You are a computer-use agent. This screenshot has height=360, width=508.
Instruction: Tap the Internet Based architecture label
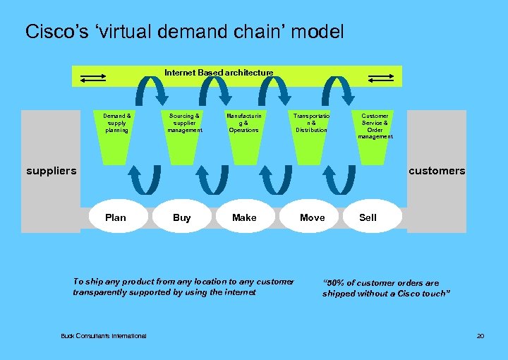coord(219,73)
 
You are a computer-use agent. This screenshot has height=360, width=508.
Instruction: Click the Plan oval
coord(115,217)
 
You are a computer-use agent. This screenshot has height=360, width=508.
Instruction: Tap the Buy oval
coord(182,217)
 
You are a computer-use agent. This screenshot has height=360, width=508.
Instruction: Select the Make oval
coord(244,217)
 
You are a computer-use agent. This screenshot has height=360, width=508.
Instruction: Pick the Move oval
coord(312,217)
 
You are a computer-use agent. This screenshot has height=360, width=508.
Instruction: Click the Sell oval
coord(368,217)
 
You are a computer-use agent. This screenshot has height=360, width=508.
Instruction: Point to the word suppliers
coord(51,171)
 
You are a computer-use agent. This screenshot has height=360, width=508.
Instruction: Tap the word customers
coord(437,171)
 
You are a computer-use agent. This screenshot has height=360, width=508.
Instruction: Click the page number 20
coord(480,336)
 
